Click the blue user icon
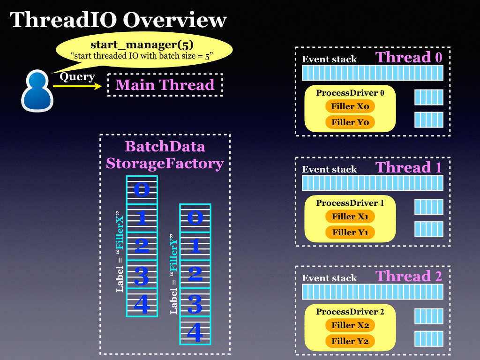(x=37, y=90)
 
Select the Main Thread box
(x=165, y=85)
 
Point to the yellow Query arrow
(x=77, y=86)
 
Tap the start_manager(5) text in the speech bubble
(x=142, y=45)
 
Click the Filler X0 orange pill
(x=350, y=106)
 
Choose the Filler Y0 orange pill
(x=350, y=122)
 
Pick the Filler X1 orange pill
(x=350, y=217)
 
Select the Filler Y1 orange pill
(x=350, y=232)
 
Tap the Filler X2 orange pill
(x=350, y=325)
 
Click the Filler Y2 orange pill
(x=350, y=341)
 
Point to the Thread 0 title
(x=409, y=57)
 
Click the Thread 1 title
(x=409, y=167)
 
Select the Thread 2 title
(x=409, y=276)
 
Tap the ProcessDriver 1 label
(x=350, y=203)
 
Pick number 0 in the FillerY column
(x=195, y=217)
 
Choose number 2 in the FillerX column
(x=142, y=246)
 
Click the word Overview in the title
(x=175, y=20)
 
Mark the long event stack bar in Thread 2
(x=373, y=292)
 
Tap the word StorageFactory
(x=165, y=164)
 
